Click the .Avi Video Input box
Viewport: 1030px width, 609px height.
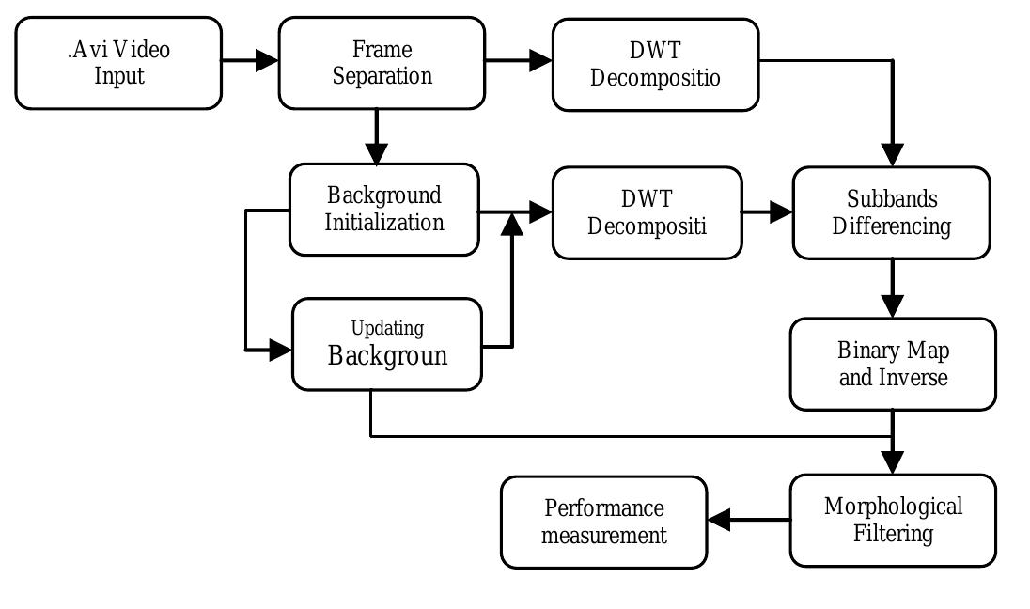tap(118, 63)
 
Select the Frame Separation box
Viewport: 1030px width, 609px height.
tap(382, 63)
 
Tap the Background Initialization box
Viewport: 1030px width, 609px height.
tap(383, 210)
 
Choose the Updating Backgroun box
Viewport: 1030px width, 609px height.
tap(387, 344)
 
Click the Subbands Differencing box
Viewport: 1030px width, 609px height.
tap(891, 213)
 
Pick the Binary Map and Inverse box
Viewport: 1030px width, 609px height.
tap(892, 365)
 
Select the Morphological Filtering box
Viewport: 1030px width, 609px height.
tap(892, 521)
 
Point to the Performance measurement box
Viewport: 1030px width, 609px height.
tap(603, 523)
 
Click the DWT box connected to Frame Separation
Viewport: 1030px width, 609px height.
tap(655, 64)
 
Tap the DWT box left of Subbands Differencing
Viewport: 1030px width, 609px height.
tap(647, 213)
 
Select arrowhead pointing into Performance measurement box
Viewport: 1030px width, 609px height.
tap(719, 520)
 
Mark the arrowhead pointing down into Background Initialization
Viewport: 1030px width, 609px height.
tap(376, 152)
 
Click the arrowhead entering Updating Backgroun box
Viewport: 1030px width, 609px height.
tap(281, 350)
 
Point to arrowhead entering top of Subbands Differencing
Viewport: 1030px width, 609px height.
tap(892, 155)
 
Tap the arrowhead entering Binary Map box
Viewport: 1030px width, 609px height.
tap(892, 306)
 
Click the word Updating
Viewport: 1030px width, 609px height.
tap(387, 328)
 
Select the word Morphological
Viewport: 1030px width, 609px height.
tap(893, 507)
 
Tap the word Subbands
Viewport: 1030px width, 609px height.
tap(892, 199)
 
